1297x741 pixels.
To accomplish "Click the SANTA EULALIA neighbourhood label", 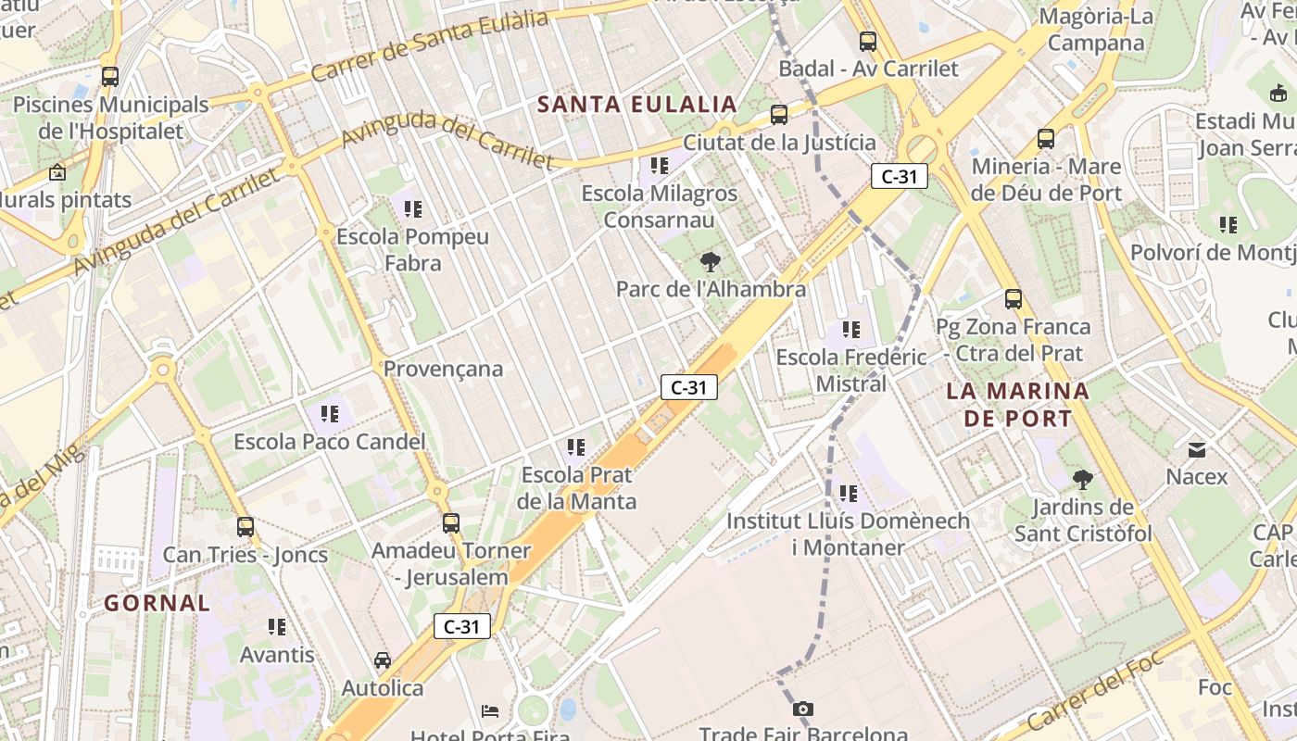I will click(x=636, y=104).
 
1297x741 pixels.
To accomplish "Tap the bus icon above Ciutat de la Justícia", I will click(x=779, y=115).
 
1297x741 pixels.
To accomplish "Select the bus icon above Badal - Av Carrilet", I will click(x=868, y=41).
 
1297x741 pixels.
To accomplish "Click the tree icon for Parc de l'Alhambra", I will click(x=711, y=261).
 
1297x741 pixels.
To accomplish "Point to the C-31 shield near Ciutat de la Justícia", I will click(x=899, y=176).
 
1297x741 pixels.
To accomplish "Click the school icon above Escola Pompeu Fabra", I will click(x=412, y=209).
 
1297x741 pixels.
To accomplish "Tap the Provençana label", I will click(x=443, y=369).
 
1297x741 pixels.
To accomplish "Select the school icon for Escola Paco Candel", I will click(x=330, y=414).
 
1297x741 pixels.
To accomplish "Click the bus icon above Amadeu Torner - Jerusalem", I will click(x=451, y=523).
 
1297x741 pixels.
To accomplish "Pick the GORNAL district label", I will click(x=157, y=603).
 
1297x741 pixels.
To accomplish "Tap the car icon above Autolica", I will click(x=382, y=660).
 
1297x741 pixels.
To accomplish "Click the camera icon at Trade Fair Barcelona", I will click(x=803, y=710).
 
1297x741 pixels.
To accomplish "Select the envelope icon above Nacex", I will click(x=1197, y=450).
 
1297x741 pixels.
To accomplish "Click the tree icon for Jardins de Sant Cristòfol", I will click(x=1082, y=480).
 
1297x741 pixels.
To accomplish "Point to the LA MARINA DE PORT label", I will click(x=1017, y=405).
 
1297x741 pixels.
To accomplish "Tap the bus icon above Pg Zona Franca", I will click(x=1014, y=299).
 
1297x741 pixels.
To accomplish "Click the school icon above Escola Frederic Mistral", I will click(x=851, y=329).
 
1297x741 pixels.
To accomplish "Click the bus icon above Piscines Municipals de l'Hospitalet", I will click(x=110, y=77).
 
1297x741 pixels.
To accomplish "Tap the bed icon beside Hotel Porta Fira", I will click(x=491, y=711).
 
